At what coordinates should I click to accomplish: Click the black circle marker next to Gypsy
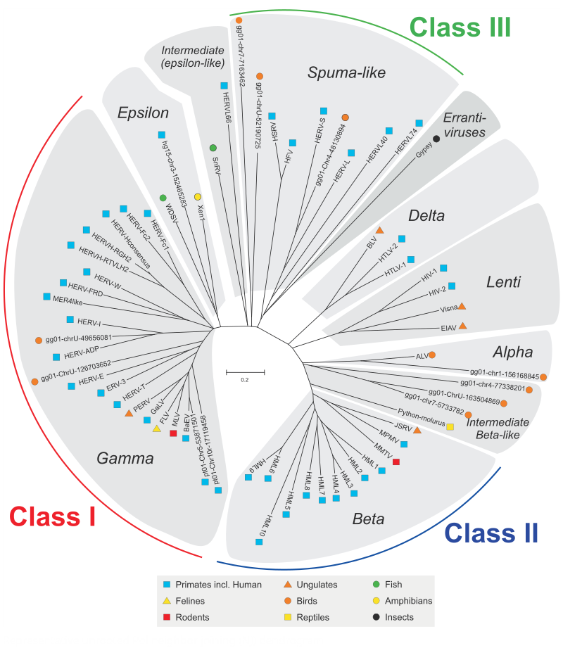(x=436, y=139)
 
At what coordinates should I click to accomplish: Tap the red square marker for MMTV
(x=396, y=462)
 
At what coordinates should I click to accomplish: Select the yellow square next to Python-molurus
(x=450, y=426)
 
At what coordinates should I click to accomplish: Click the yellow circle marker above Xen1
(x=198, y=197)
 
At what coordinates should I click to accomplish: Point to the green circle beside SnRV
(x=213, y=148)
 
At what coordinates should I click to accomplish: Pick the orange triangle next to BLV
(x=379, y=230)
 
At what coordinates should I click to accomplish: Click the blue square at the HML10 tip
(x=259, y=542)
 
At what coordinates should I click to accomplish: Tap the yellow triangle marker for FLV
(x=157, y=428)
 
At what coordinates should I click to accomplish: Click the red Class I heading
(x=53, y=516)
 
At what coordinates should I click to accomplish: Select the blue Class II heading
(x=491, y=533)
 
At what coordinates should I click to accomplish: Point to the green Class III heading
(x=460, y=27)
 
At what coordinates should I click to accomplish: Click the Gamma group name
(x=125, y=458)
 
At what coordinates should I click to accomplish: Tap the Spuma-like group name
(x=346, y=72)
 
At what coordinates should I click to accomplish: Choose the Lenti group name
(x=503, y=282)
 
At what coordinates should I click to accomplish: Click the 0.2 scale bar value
(x=245, y=380)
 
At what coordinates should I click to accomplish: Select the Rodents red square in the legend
(x=167, y=617)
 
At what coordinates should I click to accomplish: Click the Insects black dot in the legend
(x=377, y=617)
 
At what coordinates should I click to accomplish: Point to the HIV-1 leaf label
(x=429, y=276)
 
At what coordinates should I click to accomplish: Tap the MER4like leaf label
(x=68, y=300)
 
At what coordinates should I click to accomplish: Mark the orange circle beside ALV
(x=431, y=355)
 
